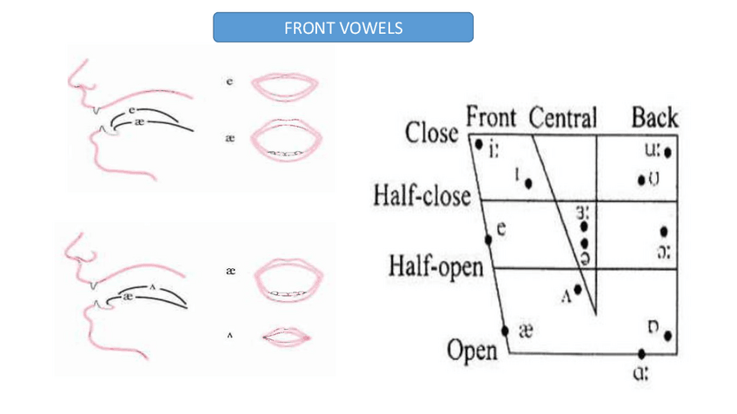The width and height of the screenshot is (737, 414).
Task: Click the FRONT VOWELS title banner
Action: tap(342, 28)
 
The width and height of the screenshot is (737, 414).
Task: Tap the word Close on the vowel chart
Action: tap(431, 134)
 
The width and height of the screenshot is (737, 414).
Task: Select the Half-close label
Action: tap(422, 194)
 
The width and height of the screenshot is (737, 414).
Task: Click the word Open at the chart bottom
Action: tap(472, 351)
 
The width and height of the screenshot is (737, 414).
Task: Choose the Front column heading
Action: tap(491, 117)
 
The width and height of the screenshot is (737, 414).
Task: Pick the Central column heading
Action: tap(562, 117)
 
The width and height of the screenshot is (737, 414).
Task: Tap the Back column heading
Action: tap(654, 117)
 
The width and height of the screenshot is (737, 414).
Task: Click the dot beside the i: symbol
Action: tap(478, 144)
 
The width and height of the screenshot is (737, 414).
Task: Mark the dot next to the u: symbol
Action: tap(667, 154)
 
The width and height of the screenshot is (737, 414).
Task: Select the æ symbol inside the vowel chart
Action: tap(525, 331)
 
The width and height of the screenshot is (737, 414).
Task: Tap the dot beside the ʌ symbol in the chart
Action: tap(578, 290)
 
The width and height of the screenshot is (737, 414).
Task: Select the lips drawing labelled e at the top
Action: tap(284, 86)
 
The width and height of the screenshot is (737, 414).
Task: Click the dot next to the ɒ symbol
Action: tap(667, 335)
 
